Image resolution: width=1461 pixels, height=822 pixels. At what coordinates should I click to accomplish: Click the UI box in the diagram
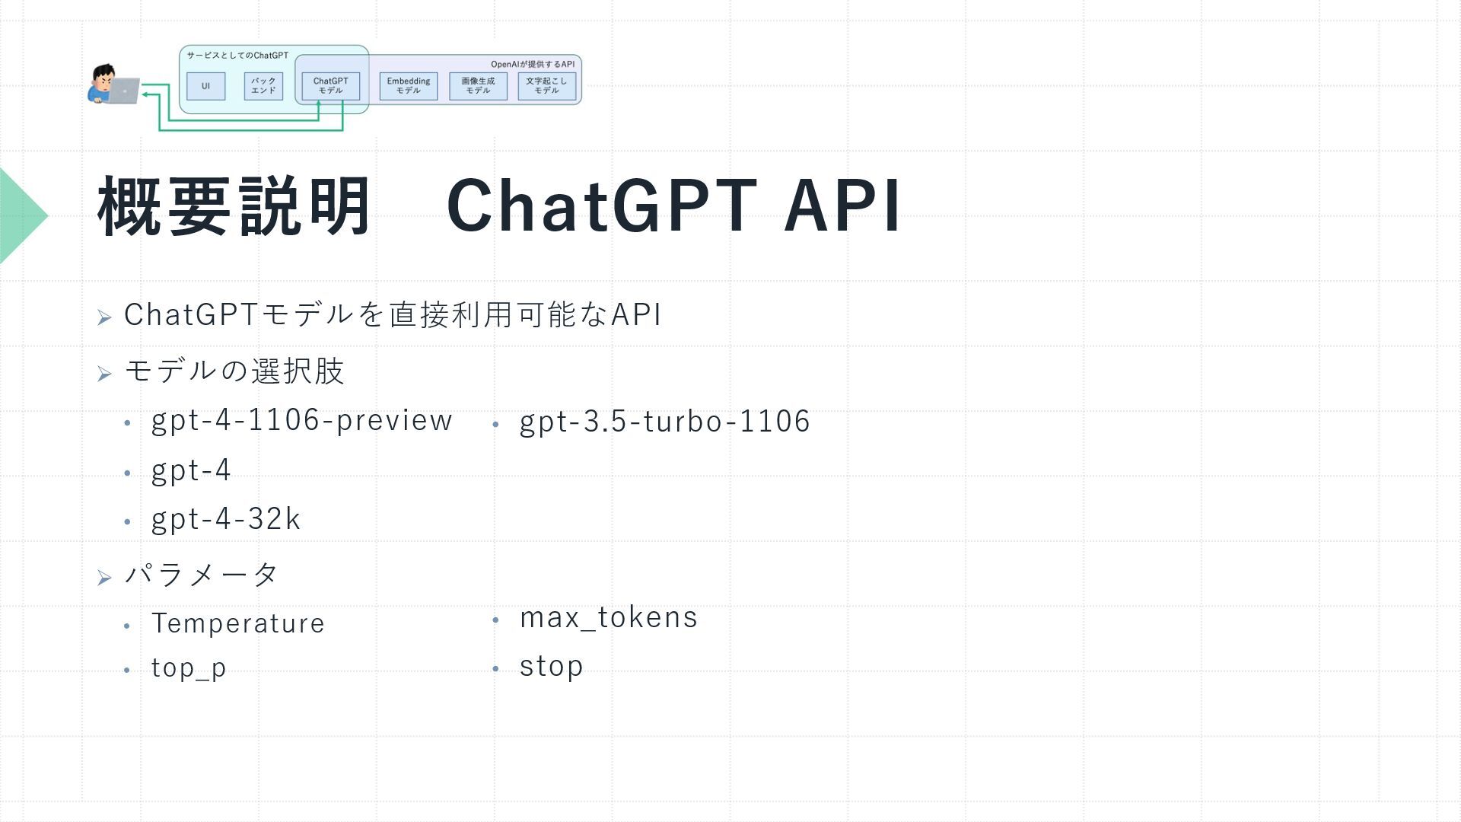click(205, 86)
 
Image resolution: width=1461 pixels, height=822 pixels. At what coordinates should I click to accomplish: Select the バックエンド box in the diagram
click(263, 86)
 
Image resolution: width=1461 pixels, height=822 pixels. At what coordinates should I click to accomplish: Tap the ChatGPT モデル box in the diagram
click(330, 86)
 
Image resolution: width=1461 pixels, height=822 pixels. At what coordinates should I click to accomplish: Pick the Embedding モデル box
click(409, 86)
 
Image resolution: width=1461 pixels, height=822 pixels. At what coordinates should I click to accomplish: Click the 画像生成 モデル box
click(478, 86)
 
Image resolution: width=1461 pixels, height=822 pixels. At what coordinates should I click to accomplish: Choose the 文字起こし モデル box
click(546, 86)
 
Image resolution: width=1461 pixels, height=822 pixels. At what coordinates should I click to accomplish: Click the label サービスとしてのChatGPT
click(237, 56)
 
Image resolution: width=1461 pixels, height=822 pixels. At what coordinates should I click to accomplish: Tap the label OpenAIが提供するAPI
click(533, 64)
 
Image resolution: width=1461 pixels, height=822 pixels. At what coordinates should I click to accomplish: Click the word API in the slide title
click(842, 205)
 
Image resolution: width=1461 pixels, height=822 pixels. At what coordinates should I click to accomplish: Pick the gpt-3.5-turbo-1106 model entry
click(665, 422)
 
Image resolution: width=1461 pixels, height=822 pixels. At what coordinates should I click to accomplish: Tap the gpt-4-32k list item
click(226, 520)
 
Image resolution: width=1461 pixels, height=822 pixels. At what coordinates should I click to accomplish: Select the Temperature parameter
click(238, 623)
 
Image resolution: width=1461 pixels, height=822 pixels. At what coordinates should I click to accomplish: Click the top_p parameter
click(189, 668)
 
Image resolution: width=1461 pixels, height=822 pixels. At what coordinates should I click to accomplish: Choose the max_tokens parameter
click(608, 617)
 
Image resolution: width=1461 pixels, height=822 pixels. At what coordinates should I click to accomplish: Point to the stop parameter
click(551, 667)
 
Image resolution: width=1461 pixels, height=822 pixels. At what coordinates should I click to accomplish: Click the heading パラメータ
click(202, 574)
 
